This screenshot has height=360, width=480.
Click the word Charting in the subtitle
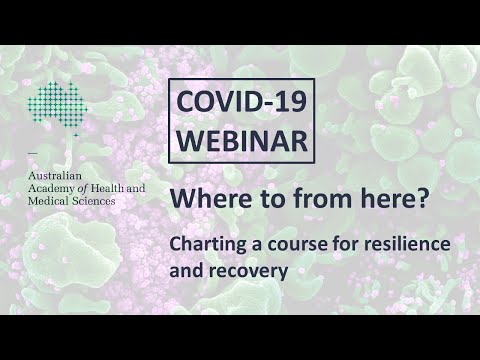click(203, 244)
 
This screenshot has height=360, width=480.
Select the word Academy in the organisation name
click(51, 187)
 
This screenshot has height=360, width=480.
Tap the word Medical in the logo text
click(49, 201)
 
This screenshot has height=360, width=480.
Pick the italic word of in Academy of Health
click(82, 187)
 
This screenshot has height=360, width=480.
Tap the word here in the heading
click(388, 200)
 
